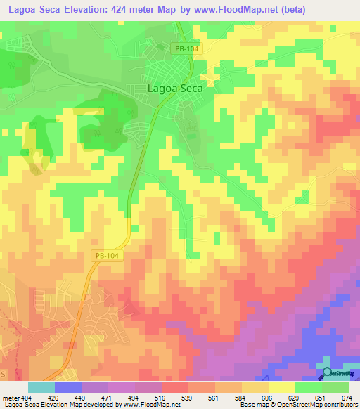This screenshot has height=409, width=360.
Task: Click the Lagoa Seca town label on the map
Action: [175, 89]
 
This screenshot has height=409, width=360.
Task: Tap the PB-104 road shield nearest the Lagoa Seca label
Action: [182, 48]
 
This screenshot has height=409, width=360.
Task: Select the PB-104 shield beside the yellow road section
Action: [106, 256]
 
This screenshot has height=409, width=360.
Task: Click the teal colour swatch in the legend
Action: [41, 387]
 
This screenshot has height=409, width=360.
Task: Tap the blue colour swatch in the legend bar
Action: [68, 387]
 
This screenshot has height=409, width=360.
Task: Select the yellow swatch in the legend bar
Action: [281, 387]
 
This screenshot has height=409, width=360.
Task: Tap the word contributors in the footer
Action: [337, 405]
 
